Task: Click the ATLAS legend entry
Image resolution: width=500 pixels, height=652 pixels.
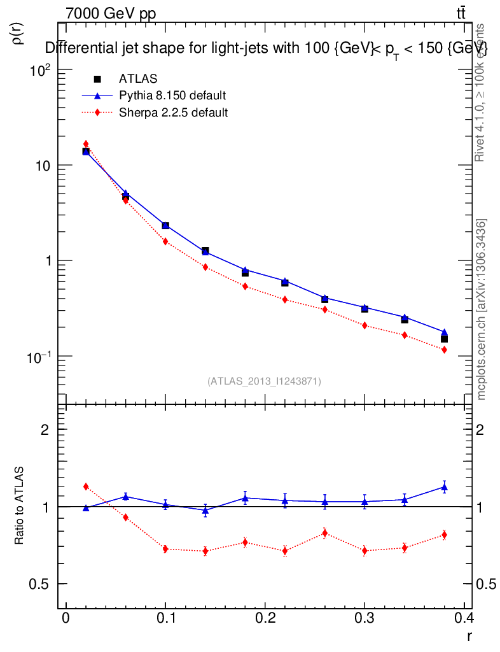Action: [x=138, y=79]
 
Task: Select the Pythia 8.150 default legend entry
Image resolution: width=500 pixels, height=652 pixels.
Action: [x=172, y=96]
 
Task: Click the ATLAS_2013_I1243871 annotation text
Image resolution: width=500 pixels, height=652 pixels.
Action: [x=264, y=381]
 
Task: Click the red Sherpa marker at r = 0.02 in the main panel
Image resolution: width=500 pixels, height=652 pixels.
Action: [x=86, y=144]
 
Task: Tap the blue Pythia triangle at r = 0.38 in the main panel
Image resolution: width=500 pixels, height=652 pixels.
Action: [x=444, y=332]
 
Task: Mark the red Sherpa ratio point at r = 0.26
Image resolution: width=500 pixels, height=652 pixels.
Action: [x=324, y=533]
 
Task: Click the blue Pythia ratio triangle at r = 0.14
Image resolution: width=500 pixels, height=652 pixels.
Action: [x=205, y=510]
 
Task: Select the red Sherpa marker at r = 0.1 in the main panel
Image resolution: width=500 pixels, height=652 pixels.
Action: [x=165, y=241]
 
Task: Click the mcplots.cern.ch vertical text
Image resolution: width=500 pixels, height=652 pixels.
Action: [x=482, y=309]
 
